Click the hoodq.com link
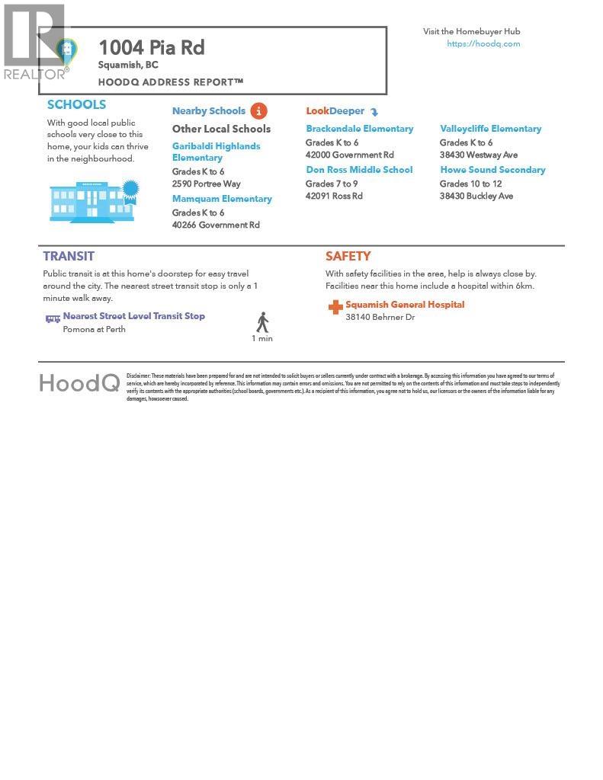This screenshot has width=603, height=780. coord(483,44)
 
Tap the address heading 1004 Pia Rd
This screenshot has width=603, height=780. coord(152,47)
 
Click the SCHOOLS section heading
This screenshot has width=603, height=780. coord(76,105)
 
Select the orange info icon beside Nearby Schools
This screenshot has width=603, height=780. coord(258,111)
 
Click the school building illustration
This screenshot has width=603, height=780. coord(94,201)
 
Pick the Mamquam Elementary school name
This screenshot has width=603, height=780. coord(222,199)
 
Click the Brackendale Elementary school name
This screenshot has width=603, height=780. coord(360,129)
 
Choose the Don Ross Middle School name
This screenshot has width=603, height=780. coord(359,170)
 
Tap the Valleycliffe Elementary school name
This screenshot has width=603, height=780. coord(490,129)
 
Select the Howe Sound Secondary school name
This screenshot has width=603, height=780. coord(492,170)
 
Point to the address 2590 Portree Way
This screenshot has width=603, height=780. coord(206,184)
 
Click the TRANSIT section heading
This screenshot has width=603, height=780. coord(69,257)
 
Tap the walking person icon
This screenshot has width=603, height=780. coord(262,322)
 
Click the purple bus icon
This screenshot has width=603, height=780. coord(53,319)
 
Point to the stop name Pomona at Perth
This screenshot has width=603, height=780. coord(95,330)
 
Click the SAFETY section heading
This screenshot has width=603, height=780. coord(348,257)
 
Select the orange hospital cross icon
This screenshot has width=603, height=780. coord(335,307)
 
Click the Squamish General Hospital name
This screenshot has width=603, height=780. coord(405,305)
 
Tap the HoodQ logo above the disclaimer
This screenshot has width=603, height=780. coord(79,382)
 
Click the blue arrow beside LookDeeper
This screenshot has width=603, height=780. coord(374,112)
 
